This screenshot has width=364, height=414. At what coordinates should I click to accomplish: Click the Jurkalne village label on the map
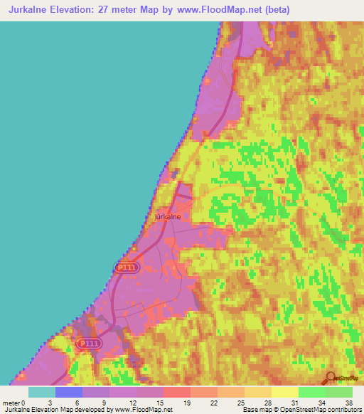171,216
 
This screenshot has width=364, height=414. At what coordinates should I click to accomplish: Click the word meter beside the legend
11,402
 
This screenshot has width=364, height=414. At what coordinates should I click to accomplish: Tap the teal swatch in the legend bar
41,392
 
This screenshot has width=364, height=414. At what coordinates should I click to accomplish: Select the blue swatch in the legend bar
68,392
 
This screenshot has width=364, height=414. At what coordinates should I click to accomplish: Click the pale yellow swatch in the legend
284,392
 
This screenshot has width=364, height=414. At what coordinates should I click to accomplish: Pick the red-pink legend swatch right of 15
176,392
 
